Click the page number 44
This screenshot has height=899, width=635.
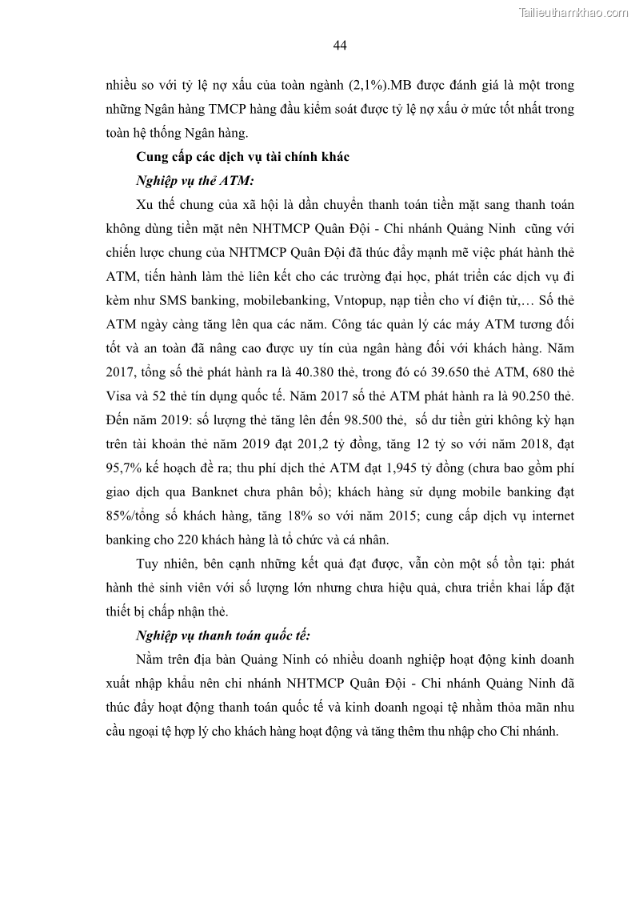pyautogui.click(x=339, y=45)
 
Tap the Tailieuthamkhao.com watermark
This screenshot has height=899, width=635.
pyautogui.click(x=573, y=12)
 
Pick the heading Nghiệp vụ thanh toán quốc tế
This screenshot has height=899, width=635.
pyautogui.click(x=223, y=636)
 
